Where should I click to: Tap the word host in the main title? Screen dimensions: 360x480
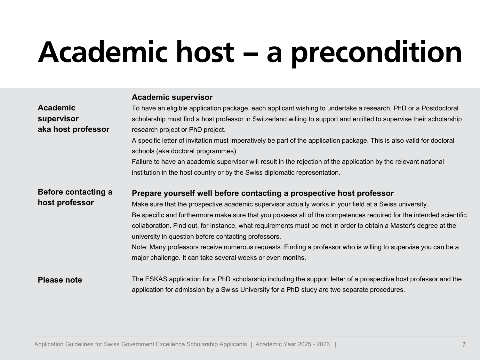click(x=205, y=52)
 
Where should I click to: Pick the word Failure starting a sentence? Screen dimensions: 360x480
click(x=142, y=162)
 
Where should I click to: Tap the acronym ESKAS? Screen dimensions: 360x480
click(x=156, y=279)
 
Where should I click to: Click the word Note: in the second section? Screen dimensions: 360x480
click(x=140, y=247)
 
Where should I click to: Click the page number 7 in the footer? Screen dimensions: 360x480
click(x=464, y=345)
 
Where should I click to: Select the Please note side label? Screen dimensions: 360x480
click(x=60, y=280)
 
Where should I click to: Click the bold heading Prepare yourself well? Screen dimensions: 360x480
click(x=262, y=193)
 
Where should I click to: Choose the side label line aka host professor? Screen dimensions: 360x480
click(x=74, y=129)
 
